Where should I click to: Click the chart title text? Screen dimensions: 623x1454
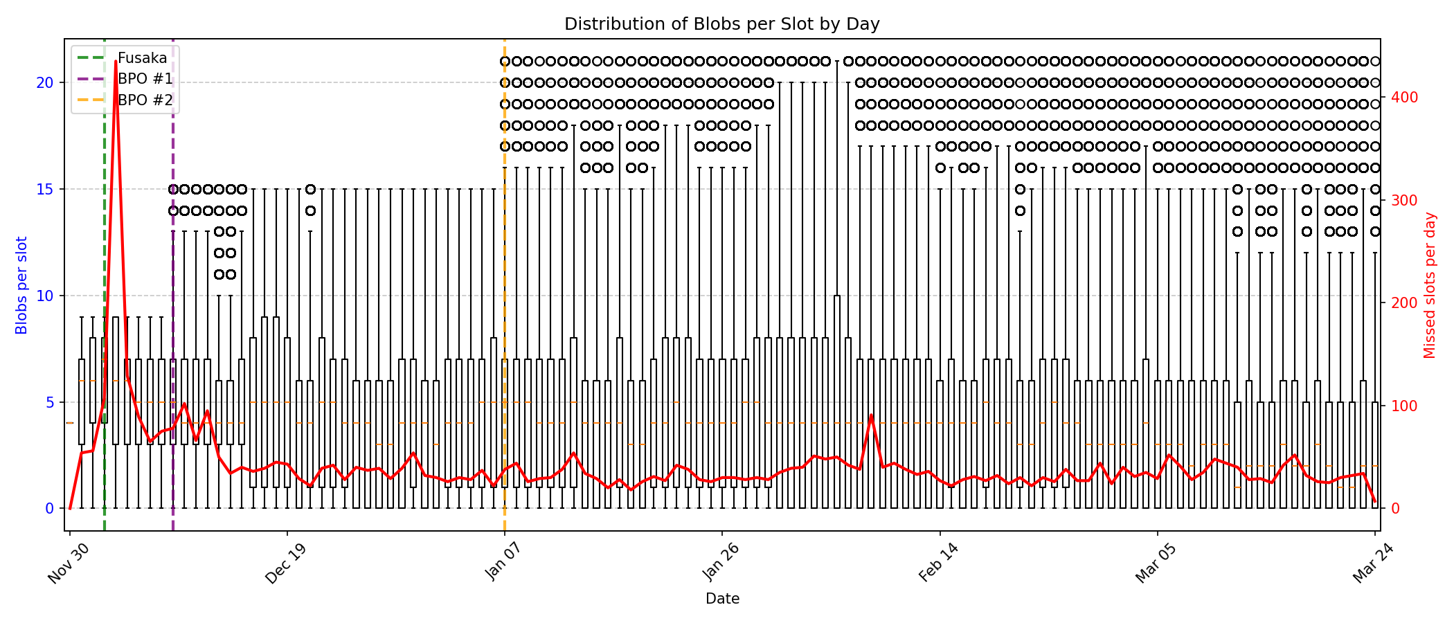pos(721,24)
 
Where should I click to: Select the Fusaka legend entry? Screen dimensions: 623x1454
pos(142,58)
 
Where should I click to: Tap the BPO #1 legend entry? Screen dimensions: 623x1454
pos(145,79)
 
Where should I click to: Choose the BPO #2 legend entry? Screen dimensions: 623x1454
pos(145,100)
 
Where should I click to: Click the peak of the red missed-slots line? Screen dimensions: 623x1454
pos(116,62)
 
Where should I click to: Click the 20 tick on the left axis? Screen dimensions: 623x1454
pos(45,83)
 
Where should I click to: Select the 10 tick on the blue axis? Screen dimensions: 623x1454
pos(45,296)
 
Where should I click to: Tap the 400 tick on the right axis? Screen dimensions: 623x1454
pos(1399,98)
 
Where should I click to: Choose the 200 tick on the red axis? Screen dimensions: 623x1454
pos(1399,303)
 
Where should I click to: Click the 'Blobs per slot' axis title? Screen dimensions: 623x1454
pos(21,285)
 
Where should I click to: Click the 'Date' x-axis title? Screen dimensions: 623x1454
pos(721,599)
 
